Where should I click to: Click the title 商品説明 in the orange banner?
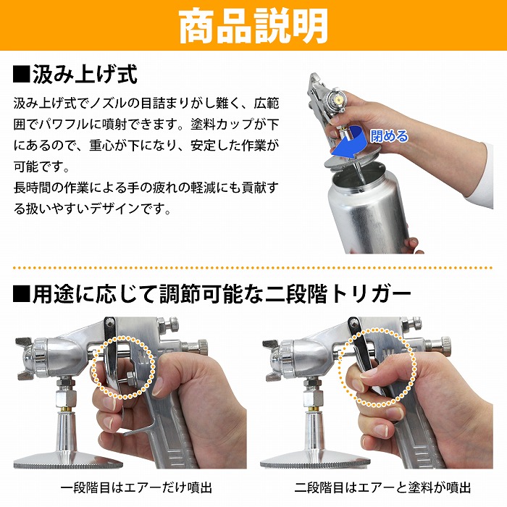pyautogui.click(x=253, y=26)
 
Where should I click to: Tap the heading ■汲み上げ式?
pyautogui.click(x=75, y=75)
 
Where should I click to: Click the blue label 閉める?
pyautogui.click(x=389, y=136)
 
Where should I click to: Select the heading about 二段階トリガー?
pyautogui.click(x=211, y=294)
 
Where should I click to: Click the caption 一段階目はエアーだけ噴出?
pyautogui.click(x=136, y=487)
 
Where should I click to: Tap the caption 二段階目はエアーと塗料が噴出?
pyautogui.click(x=382, y=487)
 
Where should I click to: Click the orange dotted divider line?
pyautogui.click(x=253, y=268)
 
